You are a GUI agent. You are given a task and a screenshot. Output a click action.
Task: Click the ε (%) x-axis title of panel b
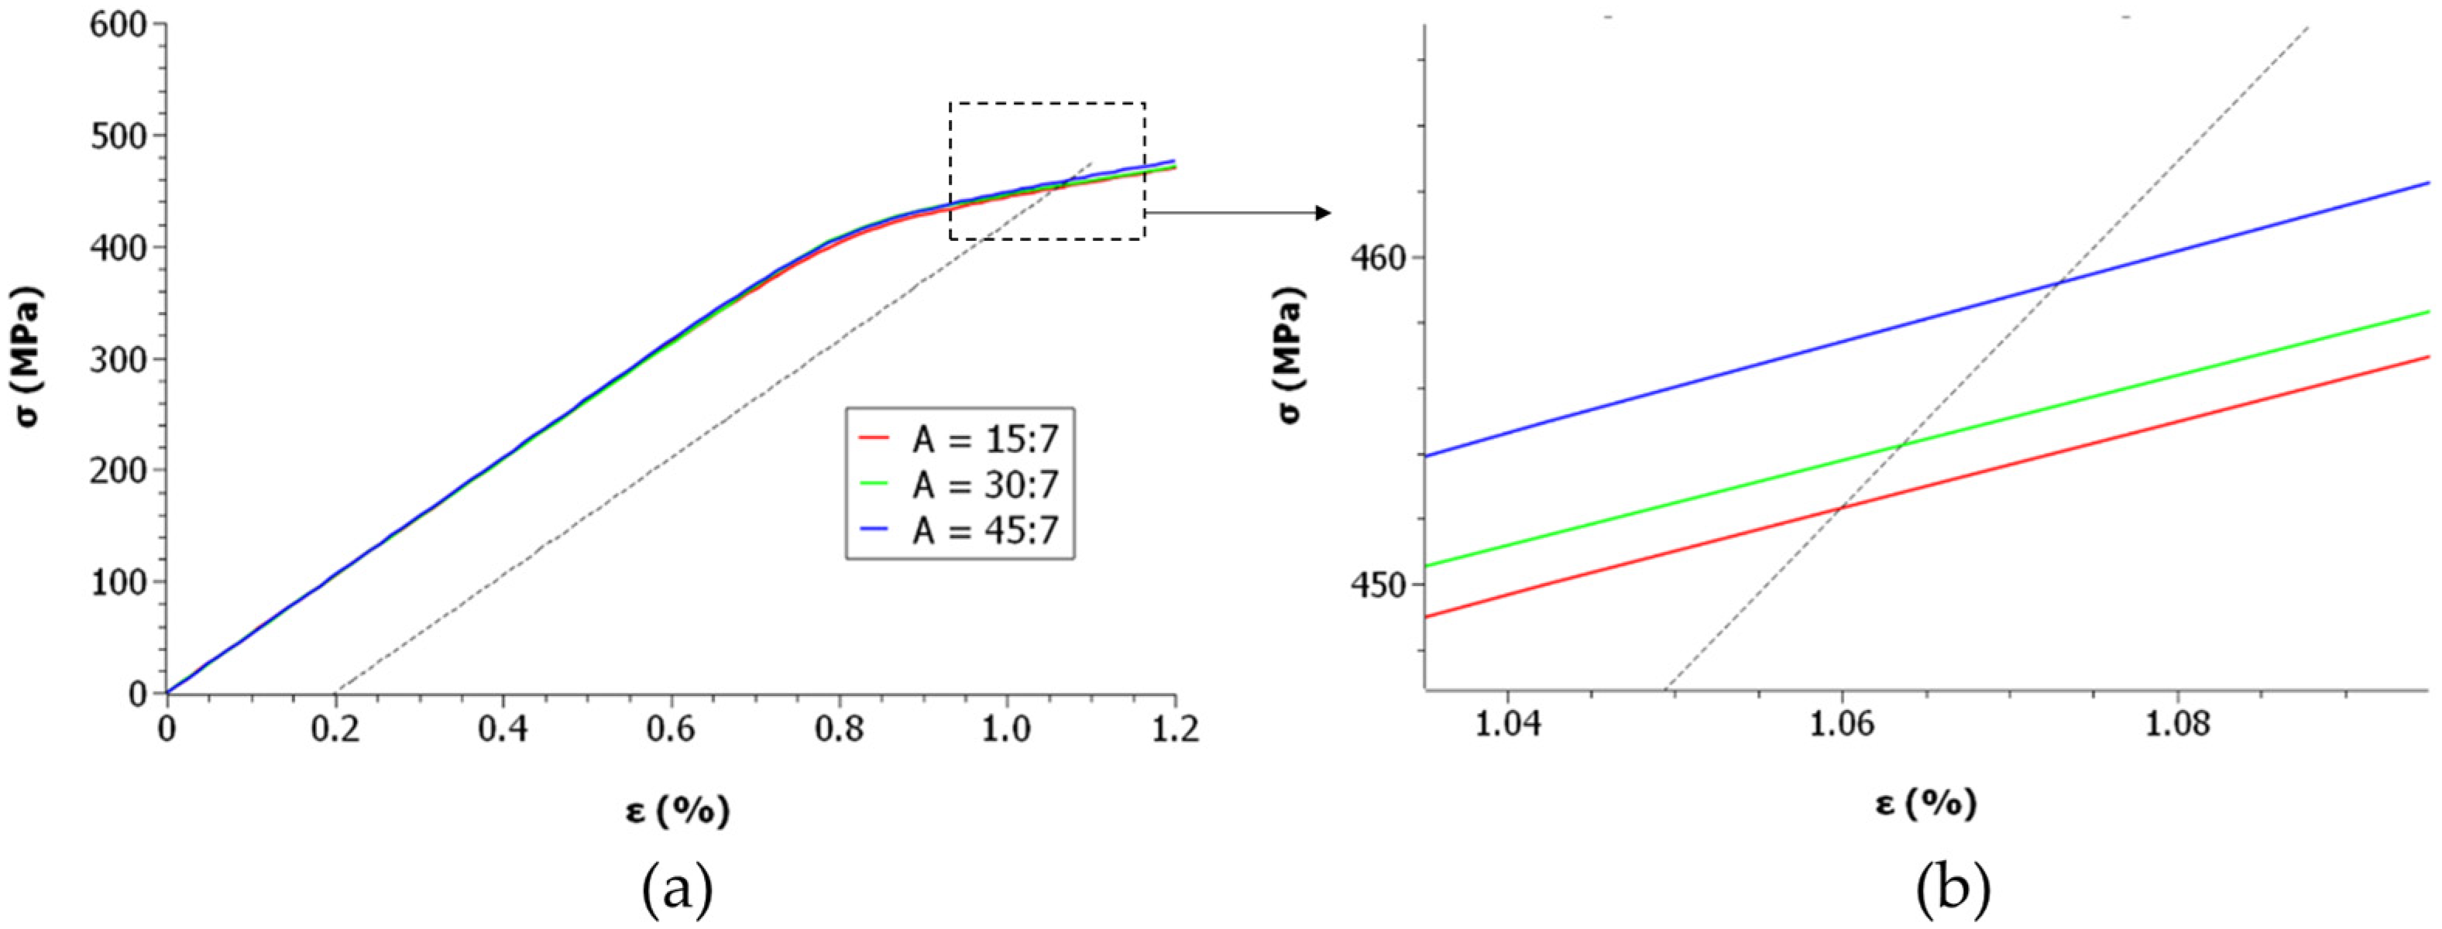coord(1926,804)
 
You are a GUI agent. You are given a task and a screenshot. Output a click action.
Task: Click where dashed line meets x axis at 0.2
coord(338,692)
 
